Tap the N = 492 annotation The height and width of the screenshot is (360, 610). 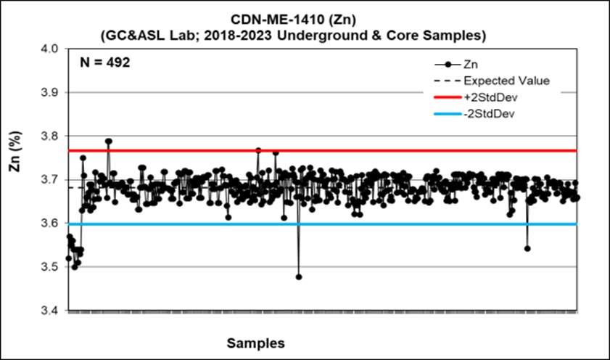[104, 62]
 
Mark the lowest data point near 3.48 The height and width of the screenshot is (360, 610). [299, 277]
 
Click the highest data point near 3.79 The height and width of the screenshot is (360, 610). [109, 142]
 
